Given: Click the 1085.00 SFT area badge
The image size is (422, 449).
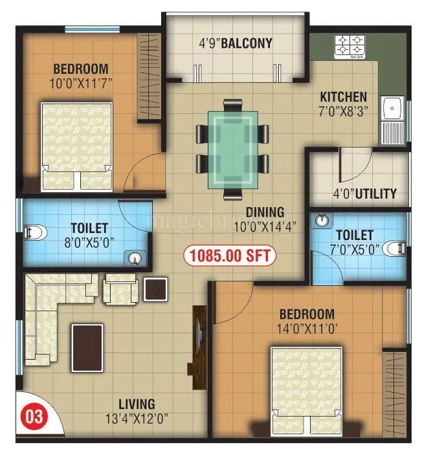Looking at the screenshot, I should click(230, 255).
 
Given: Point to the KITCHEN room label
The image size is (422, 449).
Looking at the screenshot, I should click(343, 96).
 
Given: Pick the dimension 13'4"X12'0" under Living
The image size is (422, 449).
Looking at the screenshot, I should click(137, 417).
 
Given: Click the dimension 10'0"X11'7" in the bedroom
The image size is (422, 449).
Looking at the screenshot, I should click(81, 83).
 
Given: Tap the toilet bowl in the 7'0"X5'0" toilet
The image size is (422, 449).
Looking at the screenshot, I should click(396, 246).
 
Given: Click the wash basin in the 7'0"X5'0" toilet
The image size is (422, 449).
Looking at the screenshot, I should click(322, 221).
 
